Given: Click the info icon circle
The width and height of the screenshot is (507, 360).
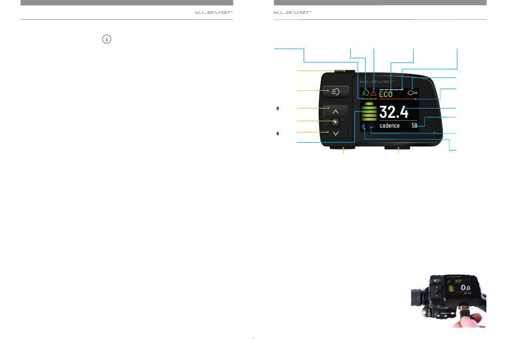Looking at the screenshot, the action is point(107,39).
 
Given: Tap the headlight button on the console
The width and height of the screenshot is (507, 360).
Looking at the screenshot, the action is point(336,92).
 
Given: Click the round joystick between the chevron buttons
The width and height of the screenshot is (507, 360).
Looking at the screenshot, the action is point(336,122).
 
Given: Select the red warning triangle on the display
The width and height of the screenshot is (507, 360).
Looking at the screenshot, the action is point(374,93).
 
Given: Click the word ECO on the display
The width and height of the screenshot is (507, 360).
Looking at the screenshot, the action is point(386,94).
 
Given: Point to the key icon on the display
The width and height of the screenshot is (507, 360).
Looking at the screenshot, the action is point(413,93).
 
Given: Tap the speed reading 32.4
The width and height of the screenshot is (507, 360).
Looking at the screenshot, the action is point(394,112).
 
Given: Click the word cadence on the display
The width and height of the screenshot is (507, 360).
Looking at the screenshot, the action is point(389,126).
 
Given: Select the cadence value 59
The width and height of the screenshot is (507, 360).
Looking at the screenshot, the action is point(414,126).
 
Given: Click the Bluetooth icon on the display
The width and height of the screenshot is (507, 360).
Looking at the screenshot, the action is point(363,126).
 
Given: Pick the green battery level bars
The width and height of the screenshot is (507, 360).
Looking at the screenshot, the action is point(369,112).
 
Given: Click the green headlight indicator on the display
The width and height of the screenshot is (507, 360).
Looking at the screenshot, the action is point(366,93).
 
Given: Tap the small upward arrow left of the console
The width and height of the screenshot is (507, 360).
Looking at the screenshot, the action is point(278,109).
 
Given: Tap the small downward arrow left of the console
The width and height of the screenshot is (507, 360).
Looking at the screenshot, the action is point(278,134).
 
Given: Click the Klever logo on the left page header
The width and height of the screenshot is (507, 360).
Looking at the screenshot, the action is point(213,13).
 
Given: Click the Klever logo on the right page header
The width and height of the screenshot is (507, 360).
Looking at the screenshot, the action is point(292,13).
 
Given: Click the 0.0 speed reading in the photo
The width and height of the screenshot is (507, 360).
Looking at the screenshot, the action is point(465,287).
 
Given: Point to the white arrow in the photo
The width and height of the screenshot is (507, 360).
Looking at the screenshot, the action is point(448,313).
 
